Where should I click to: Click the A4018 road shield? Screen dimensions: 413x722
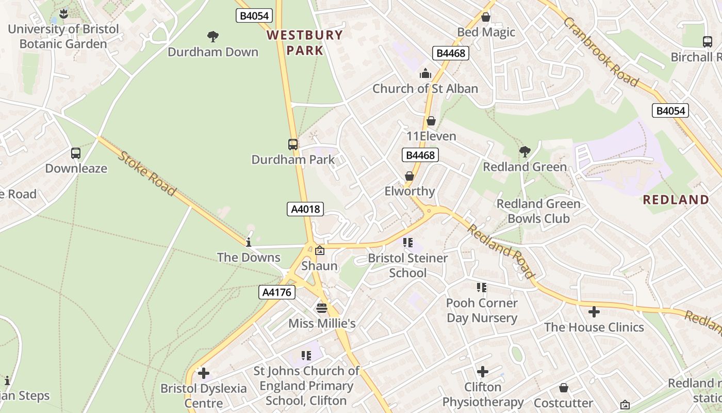305,209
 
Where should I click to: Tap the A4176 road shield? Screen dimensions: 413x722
276,292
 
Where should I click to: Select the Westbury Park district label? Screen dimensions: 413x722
305,42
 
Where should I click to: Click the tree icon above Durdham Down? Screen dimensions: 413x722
212,36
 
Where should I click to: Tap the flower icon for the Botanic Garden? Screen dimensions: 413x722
63,13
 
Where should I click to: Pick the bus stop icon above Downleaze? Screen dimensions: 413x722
76,153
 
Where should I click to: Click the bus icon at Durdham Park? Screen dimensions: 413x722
293,145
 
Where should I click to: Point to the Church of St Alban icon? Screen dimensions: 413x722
425,73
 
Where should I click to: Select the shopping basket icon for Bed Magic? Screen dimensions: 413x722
485,17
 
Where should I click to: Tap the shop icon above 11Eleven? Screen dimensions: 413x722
431,121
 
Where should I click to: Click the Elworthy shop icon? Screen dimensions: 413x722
409,176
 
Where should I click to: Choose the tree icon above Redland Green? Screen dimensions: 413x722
524,151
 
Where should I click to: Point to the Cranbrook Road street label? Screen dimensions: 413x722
601,52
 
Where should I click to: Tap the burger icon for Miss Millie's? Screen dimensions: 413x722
322,308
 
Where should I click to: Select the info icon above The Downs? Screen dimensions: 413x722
249,242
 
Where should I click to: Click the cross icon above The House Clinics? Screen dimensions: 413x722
594,312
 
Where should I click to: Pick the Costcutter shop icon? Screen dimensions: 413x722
564,388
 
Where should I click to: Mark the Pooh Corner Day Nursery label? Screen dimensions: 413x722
482,310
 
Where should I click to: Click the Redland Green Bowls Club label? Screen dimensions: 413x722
538,211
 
